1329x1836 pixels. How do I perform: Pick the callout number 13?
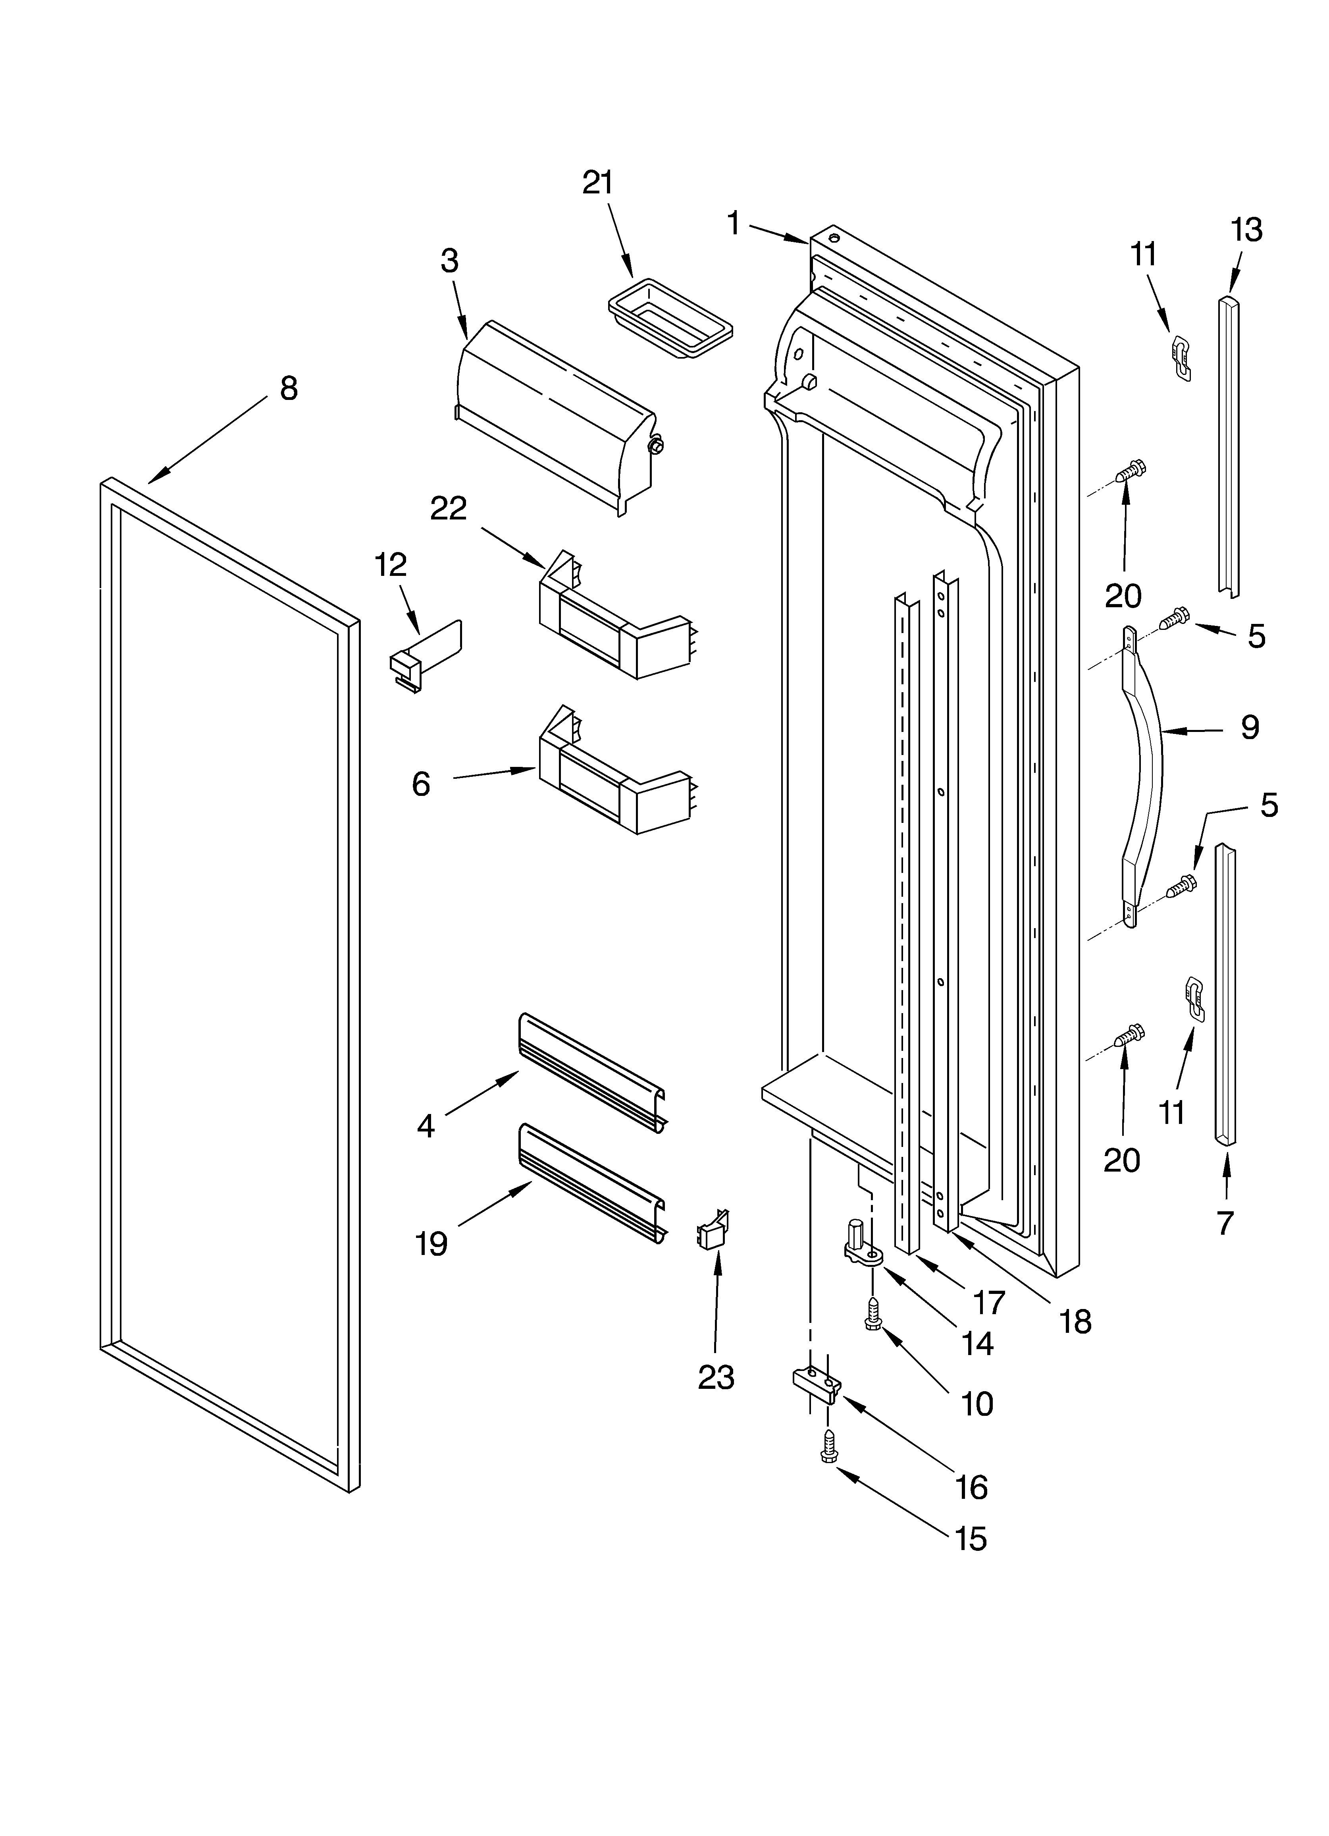(1246, 230)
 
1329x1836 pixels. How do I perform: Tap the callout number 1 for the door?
(733, 223)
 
